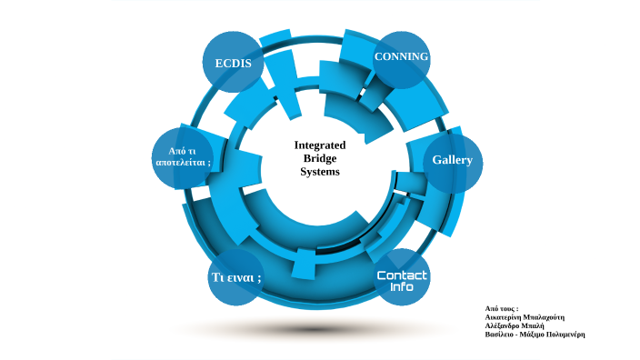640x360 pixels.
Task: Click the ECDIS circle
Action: coord(233,63)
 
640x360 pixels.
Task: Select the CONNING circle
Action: coord(401,59)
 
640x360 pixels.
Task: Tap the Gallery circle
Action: coord(453,161)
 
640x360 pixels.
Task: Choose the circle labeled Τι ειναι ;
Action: coord(236,275)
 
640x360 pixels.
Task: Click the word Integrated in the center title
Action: coord(320,145)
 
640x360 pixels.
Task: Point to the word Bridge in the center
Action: coord(320,158)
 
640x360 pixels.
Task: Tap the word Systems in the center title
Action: coord(320,171)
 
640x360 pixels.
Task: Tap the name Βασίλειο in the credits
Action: coord(501,335)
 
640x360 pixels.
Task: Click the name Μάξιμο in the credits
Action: coord(532,335)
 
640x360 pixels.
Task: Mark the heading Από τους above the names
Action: coord(500,309)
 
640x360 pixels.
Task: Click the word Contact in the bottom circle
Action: coord(402,275)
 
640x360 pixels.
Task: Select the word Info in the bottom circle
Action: coord(402,287)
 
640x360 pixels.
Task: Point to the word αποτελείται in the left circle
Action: coord(182,162)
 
